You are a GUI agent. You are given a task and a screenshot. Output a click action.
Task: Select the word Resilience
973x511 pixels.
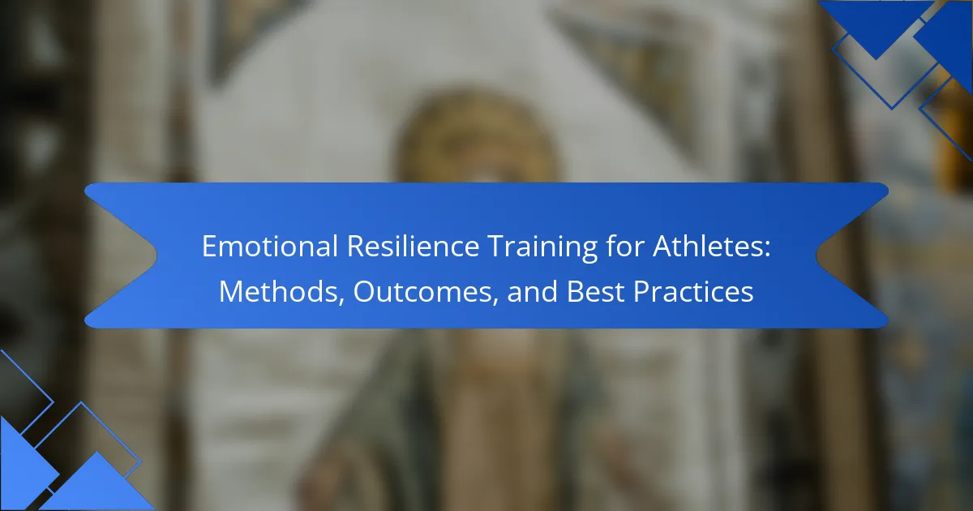click(x=413, y=247)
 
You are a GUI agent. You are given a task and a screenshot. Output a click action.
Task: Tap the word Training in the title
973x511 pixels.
click(x=542, y=247)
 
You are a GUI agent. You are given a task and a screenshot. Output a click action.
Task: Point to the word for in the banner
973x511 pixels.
click(x=625, y=246)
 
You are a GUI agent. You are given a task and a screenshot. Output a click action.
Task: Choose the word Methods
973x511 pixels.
click(x=278, y=291)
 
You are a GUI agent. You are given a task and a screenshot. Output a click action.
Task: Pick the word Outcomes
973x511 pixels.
click(x=423, y=291)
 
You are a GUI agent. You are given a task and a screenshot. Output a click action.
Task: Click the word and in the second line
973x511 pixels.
click(x=532, y=291)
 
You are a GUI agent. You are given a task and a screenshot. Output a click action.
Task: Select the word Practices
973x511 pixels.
click(x=693, y=291)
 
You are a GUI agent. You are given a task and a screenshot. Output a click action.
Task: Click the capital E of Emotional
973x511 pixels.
click(x=209, y=247)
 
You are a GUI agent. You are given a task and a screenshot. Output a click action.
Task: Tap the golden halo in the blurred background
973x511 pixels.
click(x=478, y=135)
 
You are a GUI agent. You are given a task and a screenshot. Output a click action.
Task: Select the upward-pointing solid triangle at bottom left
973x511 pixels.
click(x=96, y=483)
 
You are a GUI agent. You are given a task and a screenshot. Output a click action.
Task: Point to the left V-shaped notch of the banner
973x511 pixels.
click(x=156, y=254)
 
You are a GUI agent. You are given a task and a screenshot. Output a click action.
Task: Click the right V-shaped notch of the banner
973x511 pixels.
click(x=817, y=255)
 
